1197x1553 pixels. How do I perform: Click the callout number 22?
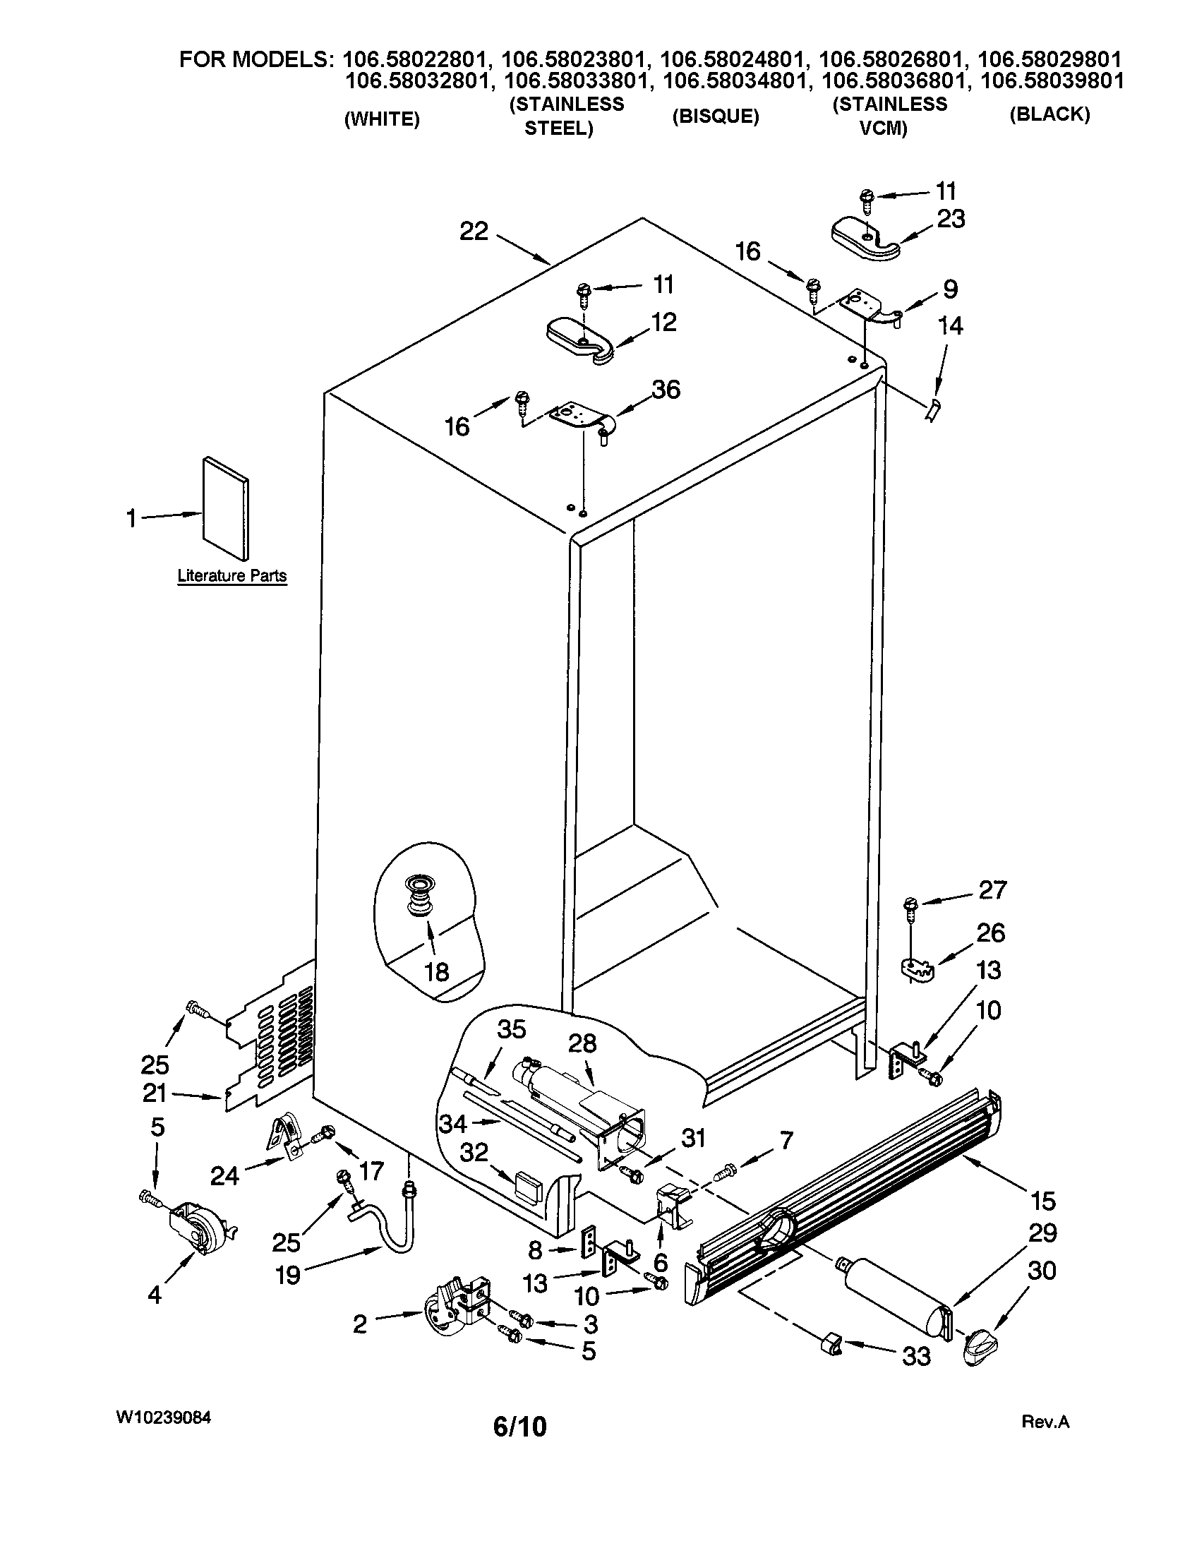click(474, 231)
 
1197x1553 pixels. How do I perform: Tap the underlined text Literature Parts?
click(231, 576)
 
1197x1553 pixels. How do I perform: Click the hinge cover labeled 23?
click(863, 239)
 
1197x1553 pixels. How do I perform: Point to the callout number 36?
click(666, 390)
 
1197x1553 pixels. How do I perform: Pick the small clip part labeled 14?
click(932, 409)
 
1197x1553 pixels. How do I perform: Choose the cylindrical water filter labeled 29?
click(897, 1295)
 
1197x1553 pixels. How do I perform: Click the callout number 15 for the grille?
click(1042, 1201)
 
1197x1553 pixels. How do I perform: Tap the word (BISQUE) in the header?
click(716, 116)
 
